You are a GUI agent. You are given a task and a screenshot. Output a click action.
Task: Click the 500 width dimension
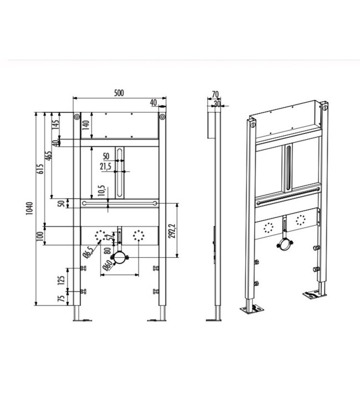[x=118, y=94]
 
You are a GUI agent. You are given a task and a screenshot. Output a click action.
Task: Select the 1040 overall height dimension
[x=30, y=209]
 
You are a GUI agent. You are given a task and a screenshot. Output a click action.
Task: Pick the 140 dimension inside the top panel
[x=85, y=125]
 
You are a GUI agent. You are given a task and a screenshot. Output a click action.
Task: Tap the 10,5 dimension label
[x=101, y=191]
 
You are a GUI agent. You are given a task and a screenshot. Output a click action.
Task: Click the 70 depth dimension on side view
[x=214, y=94]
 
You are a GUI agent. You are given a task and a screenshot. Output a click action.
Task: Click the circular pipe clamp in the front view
[x=119, y=257]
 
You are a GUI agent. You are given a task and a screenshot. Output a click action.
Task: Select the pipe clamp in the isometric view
[x=285, y=243]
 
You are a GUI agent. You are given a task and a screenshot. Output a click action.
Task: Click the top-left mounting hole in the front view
[x=76, y=117]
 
